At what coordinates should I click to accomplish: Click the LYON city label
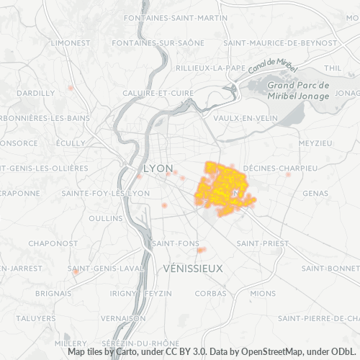click(x=158, y=168)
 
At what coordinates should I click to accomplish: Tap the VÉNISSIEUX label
click(x=194, y=268)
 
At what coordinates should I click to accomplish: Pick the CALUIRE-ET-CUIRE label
click(x=158, y=93)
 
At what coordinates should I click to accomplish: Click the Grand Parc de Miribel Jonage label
click(x=298, y=90)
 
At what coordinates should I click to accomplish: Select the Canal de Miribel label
click(x=271, y=66)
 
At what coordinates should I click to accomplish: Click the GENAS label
click(x=315, y=193)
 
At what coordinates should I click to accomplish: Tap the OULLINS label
click(x=106, y=217)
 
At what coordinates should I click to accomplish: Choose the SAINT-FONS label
click(x=171, y=243)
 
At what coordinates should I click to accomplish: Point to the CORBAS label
click(x=210, y=293)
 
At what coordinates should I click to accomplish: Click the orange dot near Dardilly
click(x=71, y=88)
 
